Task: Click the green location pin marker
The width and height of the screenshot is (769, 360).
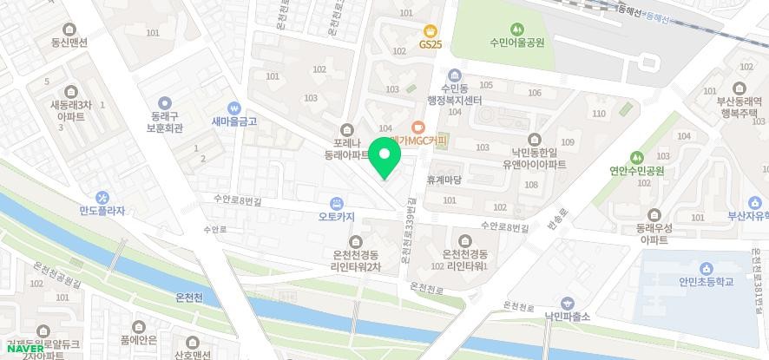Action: (x=384, y=158)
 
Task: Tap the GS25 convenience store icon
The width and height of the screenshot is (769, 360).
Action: (x=430, y=30)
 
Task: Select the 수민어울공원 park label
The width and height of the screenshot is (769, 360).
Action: (x=516, y=43)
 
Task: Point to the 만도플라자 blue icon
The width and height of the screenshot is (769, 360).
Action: (x=102, y=197)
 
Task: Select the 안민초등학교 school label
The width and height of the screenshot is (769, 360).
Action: (x=701, y=281)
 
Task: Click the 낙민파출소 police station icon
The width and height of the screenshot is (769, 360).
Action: (x=567, y=303)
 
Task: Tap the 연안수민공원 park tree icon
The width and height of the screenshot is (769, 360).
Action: (x=637, y=158)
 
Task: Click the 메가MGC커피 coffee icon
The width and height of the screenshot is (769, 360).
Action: (x=417, y=127)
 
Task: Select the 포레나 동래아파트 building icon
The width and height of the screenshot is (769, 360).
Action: (x=348, y=128)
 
